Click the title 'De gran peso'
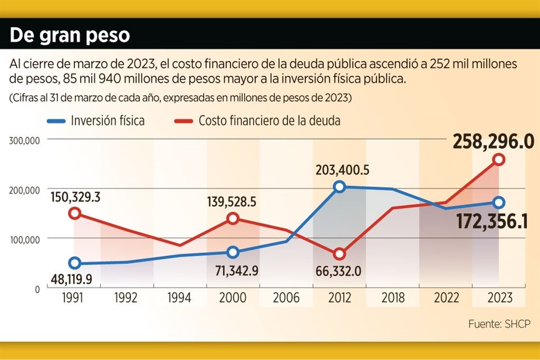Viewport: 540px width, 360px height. click(70, 35)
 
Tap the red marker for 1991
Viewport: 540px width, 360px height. click(74, 213)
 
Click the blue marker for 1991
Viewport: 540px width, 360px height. click(74, 263)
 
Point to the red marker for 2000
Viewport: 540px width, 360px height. click(233, 218)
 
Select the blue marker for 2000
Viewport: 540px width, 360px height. click(233, 252)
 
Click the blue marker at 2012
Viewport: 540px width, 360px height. click(339, 187)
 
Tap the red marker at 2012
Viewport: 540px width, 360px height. click(339, 254)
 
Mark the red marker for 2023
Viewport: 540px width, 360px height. click(498, 160)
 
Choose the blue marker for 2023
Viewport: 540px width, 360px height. click(498, 202)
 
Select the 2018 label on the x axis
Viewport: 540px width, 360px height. click(392, 298)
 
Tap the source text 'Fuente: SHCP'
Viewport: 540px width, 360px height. click(499, 324)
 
